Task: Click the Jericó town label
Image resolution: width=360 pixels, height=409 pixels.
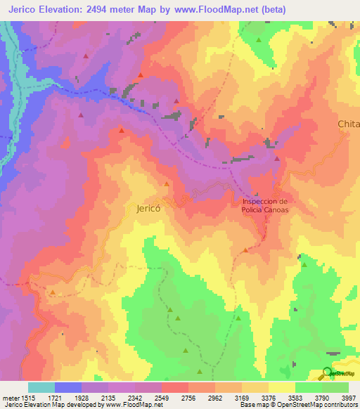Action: point(148,209)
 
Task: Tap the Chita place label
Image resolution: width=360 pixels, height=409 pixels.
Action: point(348,124)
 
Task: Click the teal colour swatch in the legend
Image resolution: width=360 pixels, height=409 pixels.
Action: point(41,387)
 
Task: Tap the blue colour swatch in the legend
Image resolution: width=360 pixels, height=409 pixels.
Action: point(68,387)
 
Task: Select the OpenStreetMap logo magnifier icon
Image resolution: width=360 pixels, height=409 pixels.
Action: point(326,372)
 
